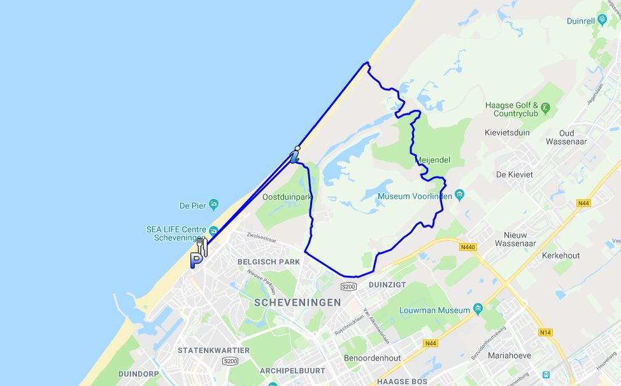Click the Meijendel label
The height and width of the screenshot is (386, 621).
(433, 161)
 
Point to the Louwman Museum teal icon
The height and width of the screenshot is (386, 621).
(477, 310)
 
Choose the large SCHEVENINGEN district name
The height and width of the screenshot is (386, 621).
(297, 303)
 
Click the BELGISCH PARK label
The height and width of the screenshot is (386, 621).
(268, 262)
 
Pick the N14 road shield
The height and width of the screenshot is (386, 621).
(545, 332)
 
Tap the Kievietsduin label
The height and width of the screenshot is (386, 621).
(508, 133)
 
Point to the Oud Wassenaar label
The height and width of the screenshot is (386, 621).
(557, 138)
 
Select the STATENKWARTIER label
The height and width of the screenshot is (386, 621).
(208, 350)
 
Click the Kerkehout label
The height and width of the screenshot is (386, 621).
(560, 255)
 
